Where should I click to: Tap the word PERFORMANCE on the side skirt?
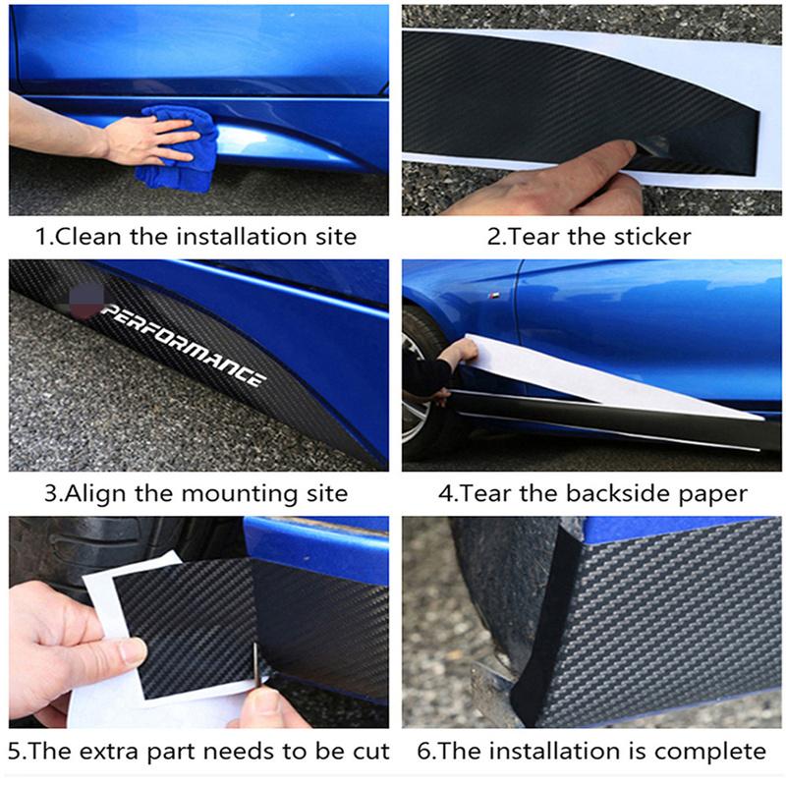click(183, 347)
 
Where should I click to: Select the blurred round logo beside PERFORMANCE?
click(85, 301)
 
